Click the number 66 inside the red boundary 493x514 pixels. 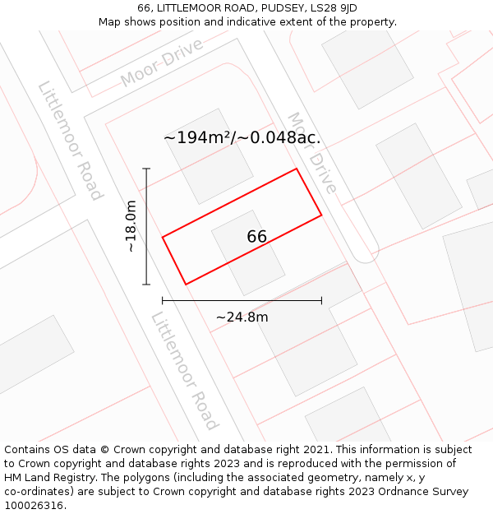(256, 237)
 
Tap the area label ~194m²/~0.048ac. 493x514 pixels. (242, 138)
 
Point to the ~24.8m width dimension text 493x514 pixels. (242, 317)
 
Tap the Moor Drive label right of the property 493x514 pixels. (311, 152)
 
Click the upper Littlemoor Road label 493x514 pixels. (70, 141)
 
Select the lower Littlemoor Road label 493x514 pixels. (185, 371)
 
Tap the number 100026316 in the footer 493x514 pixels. (32, 506)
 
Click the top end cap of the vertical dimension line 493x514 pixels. (146, 169)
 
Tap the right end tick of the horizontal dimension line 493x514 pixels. (321, 300)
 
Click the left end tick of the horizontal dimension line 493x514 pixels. (163, 300)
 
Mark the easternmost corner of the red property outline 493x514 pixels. (321, 215)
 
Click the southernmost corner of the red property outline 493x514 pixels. (186, 285)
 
